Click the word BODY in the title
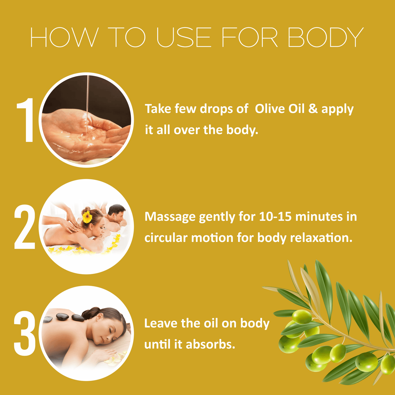tap(325, 37)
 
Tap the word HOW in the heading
tap(64, 37)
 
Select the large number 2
tap(25, 227)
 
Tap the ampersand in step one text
tap(313, 109)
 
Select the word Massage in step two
tap(170, 217)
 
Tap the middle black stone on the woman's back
tap(62, 317)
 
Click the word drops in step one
tap(217, 109)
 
